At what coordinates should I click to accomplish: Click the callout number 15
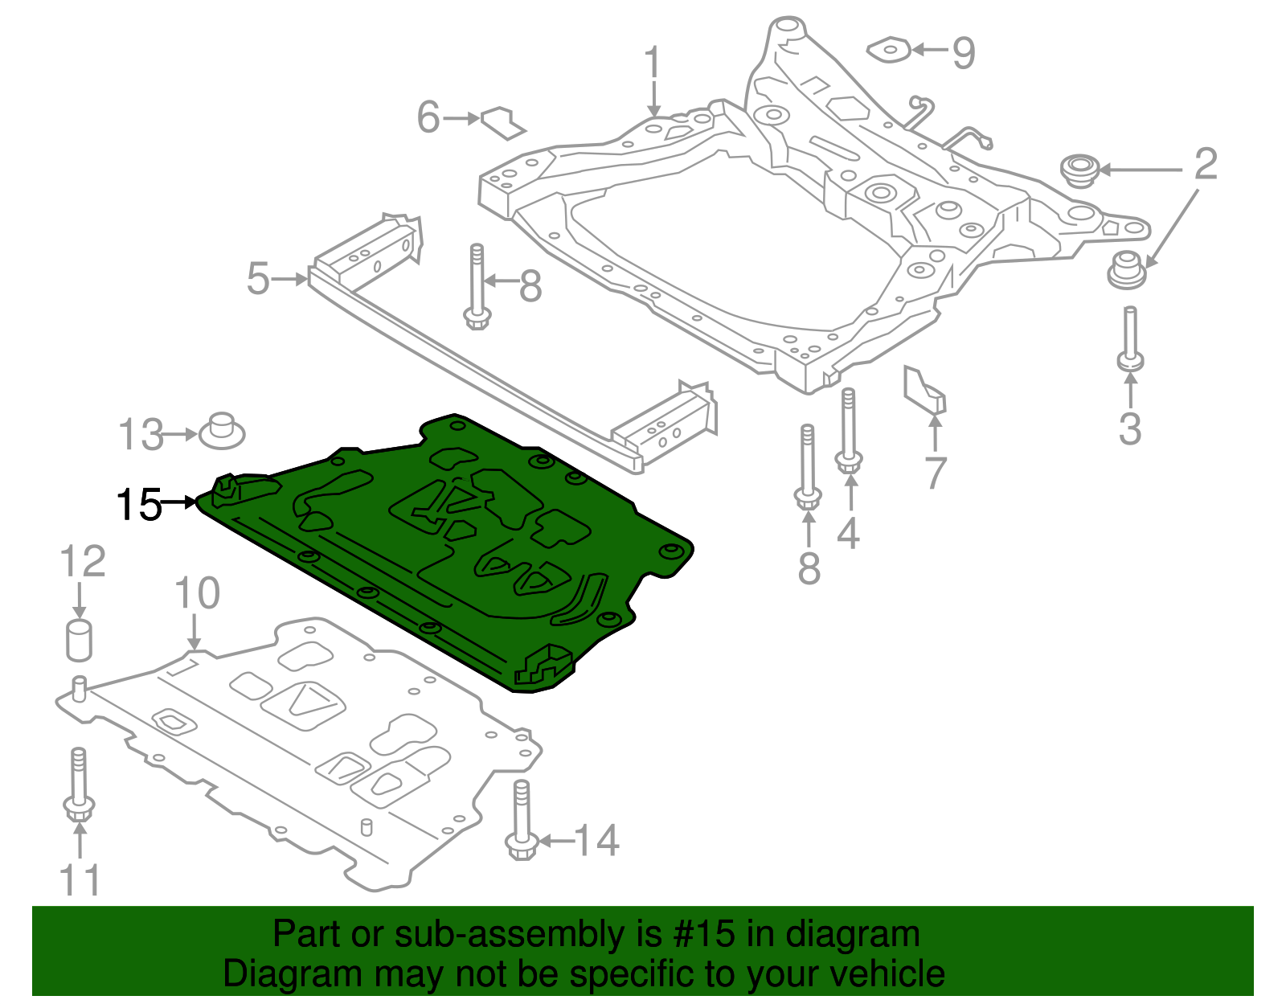click(139, 505)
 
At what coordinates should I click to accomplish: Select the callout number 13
click(141, 435)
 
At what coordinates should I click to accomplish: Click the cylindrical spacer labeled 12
click(79, 641)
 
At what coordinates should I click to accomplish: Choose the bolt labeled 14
click(521, 821)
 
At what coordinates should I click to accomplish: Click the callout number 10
click(197, 593)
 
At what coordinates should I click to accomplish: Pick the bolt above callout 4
click(849, 431)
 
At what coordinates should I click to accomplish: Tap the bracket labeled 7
click(924, 389)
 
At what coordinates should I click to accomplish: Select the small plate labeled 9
click(889, 50)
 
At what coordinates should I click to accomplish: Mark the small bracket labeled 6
click(503, 121)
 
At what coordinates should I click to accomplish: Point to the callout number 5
click(258, 279)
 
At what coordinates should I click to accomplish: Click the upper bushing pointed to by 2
click(1079, 170)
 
